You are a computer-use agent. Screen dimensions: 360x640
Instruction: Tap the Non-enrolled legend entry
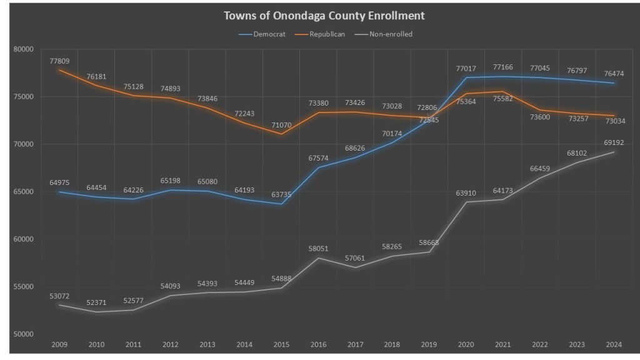pos(391,34)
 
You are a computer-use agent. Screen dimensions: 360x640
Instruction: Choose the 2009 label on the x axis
pos(60,344)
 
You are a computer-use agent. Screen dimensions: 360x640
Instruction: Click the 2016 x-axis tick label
pos(319,344)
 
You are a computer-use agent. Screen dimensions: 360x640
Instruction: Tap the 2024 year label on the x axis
pos(614,344)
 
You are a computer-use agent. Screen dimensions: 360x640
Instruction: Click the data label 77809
pos(60,61)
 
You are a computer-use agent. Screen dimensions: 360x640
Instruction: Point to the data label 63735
pos(282,194)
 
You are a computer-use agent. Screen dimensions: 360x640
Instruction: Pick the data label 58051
pos(319,249)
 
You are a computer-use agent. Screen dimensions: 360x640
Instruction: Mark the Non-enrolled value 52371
pos(97,303)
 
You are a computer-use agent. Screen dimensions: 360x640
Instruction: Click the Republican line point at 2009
pos(60,70)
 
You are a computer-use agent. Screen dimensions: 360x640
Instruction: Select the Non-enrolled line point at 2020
pos(466,202)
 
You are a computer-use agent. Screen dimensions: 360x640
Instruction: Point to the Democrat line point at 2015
pos(282,204)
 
